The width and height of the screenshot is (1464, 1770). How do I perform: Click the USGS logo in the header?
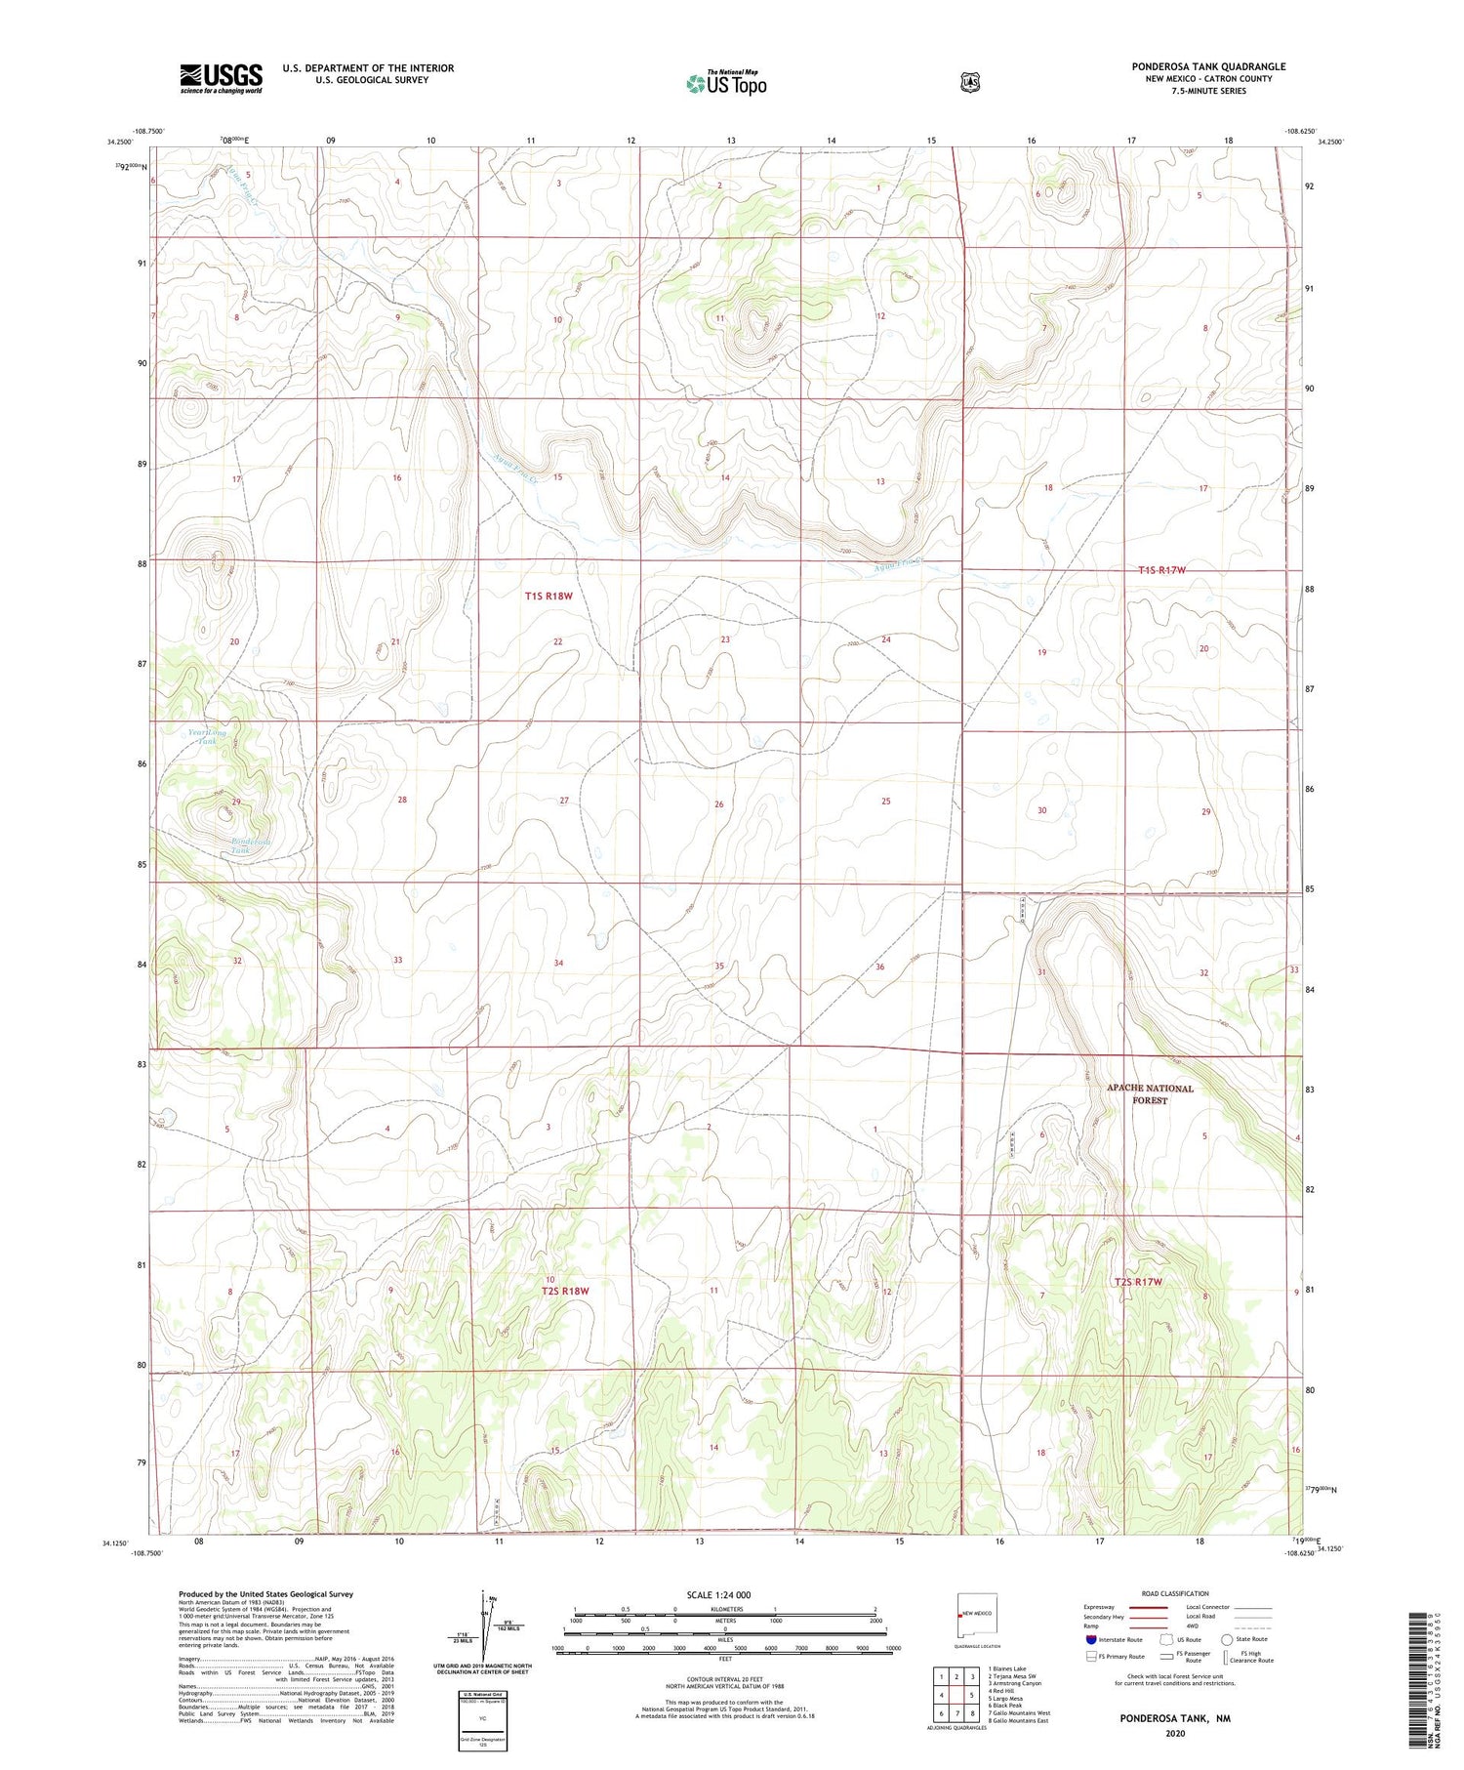pyautogui.click(x=221, y=78)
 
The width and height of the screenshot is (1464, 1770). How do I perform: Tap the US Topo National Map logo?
pyautogui.click(x=726, y=82)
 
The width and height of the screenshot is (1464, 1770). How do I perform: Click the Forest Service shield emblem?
pyautogui.click(x=969, y=83)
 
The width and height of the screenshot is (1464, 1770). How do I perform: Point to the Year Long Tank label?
pyautogui.click(x=207, y=736)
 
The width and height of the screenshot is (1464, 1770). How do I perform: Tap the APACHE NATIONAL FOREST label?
pyautogui.click(x=1149, y=1093)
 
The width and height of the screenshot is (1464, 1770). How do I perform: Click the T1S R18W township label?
pyautogui.click(x=548, y=596)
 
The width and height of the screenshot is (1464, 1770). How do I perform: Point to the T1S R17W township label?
pyautogui.click(x=1160, y=569)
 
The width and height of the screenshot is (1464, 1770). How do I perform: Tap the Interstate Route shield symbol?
pyautogui.click(x=1091, y=1639)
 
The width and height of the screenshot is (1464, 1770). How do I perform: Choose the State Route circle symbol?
pyautogui.click(x=1226, y=1639)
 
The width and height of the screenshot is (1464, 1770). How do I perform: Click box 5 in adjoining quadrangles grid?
pyautogui.click(x=971, y=1695)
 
